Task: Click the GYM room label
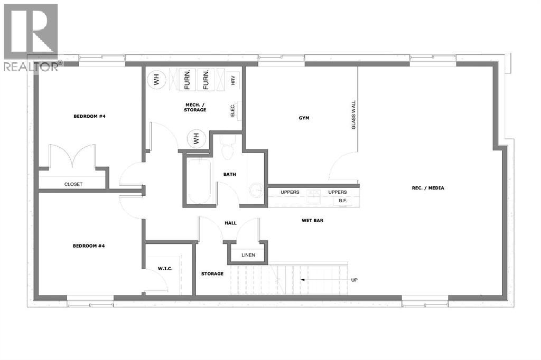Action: [x=303, y=118]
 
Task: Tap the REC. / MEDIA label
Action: [x=428, y=187]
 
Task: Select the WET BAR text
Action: [x=312, y=220]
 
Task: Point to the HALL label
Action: [x=230, y=223]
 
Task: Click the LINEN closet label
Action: [x=248, y=255]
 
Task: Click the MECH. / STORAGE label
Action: [x=194, y=107]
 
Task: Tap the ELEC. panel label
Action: [x=232, y=110]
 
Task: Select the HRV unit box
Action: [x=232, y=80]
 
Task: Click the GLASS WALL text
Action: [x=353, y=115]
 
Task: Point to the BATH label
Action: [x=229, y=174]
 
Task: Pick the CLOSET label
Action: [x=73, y=184]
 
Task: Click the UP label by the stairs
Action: [x=355, y=280]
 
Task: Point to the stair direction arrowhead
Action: [x=302, y=280]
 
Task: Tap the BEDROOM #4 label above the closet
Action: [x=90, y=116]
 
